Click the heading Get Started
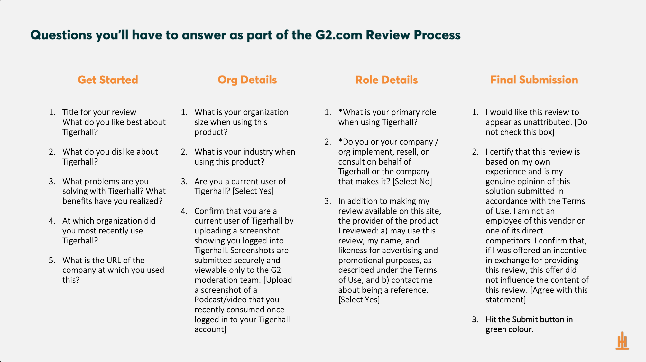(108, 80)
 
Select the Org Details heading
(247, 80)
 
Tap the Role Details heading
(386, 80)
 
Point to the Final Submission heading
(534, 80)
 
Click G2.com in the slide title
(339, 35)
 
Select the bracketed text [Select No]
(412, 181)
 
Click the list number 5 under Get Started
(52, 260)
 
